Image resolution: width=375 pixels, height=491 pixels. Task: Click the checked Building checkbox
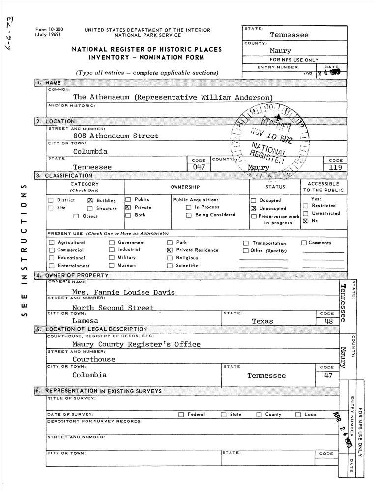coord(90,200)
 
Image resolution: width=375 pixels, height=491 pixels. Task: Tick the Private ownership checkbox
coord(128,208)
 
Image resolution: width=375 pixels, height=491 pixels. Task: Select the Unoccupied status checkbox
coord(254,208)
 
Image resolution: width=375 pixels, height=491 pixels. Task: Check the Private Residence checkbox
coord(170,250)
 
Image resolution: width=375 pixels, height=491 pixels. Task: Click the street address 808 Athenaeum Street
coord(115,136)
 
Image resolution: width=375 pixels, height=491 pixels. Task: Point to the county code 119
coord(335,167)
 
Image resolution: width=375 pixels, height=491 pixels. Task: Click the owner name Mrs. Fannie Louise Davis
coord(123,292)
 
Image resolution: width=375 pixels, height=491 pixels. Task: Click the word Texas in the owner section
coord(262,321)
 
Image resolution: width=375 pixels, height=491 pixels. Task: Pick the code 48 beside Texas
coord(329,321)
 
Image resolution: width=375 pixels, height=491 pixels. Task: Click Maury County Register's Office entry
coord(136,344)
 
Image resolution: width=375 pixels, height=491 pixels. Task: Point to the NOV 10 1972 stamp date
coord(271,135)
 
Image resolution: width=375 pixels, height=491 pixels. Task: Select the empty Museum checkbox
coord(112,266)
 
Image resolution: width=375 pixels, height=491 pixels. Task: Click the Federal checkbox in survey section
coord(181,415)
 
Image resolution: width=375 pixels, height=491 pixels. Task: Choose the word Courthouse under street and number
coord(93,359)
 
